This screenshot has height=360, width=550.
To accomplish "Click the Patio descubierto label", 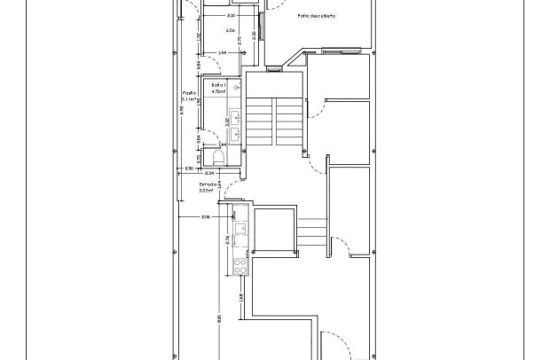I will pos(316,16).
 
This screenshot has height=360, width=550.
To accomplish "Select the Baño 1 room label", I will pos(219,85).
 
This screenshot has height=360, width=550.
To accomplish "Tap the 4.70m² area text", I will pos(219,91).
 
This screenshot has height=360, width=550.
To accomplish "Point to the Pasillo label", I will pos(189,93).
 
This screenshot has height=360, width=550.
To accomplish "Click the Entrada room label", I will pos(208,184).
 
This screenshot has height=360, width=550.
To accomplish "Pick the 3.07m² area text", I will pos(208,191).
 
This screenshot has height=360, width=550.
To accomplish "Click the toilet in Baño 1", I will pos(216,157).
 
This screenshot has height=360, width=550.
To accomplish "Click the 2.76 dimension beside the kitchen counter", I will pos(228,239).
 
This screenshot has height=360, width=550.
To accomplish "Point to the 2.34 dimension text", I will pos(209,173).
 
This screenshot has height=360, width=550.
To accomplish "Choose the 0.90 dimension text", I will pos(189,168).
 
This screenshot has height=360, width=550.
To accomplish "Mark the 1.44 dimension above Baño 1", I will pos(223,53).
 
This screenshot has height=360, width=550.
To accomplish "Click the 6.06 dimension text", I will pos(230,31).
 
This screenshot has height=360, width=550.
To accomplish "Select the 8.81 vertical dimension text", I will pos(218,319).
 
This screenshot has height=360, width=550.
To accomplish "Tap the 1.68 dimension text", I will pos(241,296).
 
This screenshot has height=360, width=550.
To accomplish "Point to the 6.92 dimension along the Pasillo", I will pos(181,109).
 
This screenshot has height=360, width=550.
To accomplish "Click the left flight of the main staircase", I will pos(258,120).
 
